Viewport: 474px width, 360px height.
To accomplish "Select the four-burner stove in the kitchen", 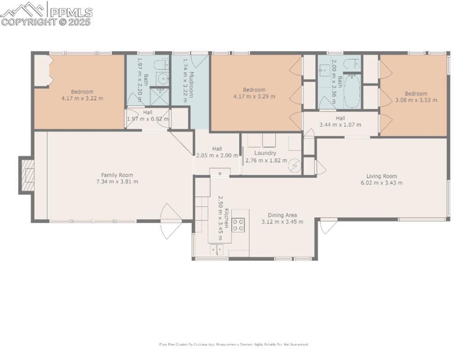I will tap(238, 225).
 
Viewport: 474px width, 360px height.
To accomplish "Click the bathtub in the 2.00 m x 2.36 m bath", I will tap(352, 92).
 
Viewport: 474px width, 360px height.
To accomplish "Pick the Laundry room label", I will tap(265, 153).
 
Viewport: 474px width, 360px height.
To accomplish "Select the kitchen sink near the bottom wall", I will tap(217, 250).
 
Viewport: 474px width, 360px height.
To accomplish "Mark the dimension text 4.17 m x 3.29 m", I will tap(254, 97).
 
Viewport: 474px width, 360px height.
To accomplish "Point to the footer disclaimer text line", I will tap(234, 345).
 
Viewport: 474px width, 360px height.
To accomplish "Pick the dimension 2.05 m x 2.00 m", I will tap(217, 156).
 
